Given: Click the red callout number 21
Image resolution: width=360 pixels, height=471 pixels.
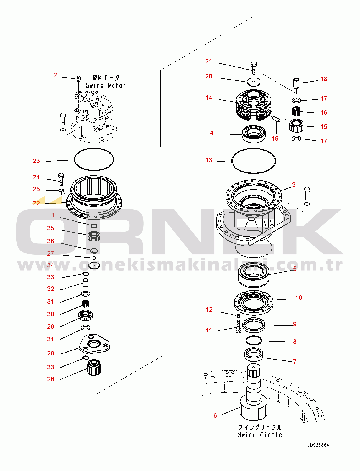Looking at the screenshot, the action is point(208,61).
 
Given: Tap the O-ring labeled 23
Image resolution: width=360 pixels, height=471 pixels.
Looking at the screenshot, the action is point(94,159).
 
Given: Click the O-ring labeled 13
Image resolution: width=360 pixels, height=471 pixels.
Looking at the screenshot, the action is point(254,161).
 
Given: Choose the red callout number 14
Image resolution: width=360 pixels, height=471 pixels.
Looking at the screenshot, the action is point(208,98).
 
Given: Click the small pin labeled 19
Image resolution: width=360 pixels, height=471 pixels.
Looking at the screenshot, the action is point(276,119).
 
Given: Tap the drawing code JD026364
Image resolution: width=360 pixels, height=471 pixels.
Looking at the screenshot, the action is point(318,445).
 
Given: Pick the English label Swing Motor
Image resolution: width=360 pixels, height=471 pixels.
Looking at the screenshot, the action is point(106,85).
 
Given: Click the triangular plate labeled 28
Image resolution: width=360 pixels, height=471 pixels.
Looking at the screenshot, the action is point(94,344).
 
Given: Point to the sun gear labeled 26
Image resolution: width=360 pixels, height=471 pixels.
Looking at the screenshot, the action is point(94,368).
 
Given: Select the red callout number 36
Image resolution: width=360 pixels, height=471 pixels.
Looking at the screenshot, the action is point(51,241).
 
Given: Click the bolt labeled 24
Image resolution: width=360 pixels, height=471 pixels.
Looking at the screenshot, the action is point(61,179).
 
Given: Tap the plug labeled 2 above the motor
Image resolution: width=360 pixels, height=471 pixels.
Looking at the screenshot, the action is point(78,78).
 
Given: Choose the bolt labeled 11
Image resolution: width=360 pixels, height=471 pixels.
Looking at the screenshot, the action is point(238,326).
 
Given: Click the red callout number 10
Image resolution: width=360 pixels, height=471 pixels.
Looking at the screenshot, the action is point(299,298).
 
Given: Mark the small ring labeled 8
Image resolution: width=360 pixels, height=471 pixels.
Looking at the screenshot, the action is point(254,340).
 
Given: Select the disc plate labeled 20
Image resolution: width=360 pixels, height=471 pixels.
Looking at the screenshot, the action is point(254,82).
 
